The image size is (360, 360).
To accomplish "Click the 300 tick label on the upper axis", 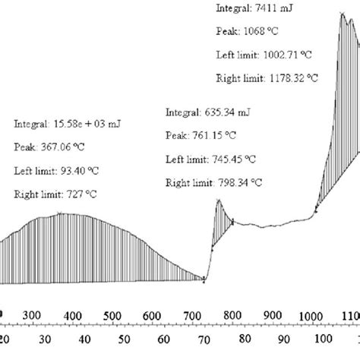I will click(31, 315).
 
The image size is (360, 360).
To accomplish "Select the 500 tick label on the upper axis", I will click(112, 315).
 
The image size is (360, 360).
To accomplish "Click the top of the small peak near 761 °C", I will click(218, 200).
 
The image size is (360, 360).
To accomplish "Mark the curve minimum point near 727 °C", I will click(204, 279).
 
